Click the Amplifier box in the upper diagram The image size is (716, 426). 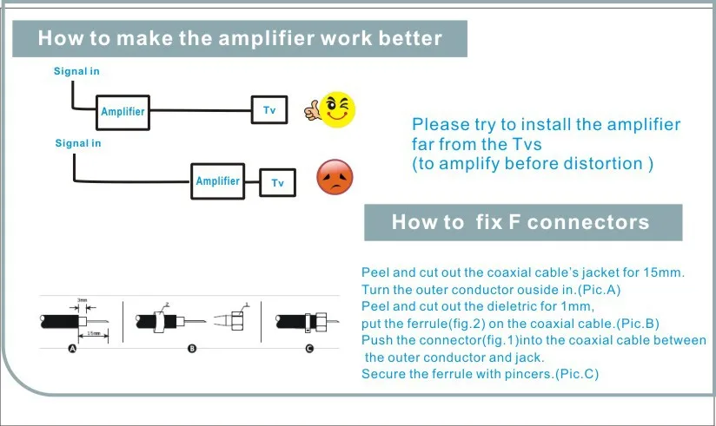pyautogui.click(x=123, y=111)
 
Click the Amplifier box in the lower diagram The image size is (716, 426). pyautogui.click(x=217, y=180)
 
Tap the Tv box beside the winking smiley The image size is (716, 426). pyautogui.click(x=269, y=109)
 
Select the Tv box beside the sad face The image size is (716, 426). pyautogui.click(x=277, y=182)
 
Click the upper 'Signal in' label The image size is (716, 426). pyautogui.click(x=76, y=71)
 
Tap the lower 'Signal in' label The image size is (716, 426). pyautogui.click(x=77, y=143)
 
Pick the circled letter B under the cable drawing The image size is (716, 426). pyautogui.click(x=192, y=349)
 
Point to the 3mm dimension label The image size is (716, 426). pyautogui.click(x=83, y=300)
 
